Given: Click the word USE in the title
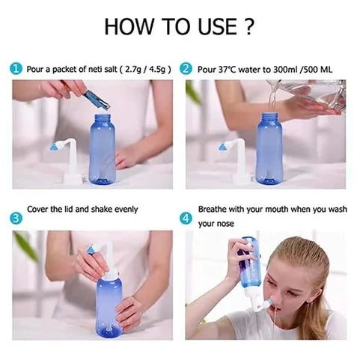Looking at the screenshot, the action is click(x=217, y=26).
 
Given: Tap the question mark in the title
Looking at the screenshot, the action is click(x=248, y=26).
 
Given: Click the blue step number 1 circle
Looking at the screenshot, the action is click(x=16, y=69).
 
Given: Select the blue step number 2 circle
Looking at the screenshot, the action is click(x=186, y=69).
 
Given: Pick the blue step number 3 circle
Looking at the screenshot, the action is click(x=16, y=219).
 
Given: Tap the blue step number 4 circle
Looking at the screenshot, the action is click(x=186, y=219).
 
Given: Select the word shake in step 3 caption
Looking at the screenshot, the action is click(x=102, y=209).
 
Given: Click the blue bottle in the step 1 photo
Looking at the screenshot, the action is click(x=103, y=149).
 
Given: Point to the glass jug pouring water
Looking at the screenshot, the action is click(x=309, y=95).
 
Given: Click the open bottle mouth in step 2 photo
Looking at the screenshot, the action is click(x=269, y=116).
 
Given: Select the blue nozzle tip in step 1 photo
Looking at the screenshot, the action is click(x=54, y=147).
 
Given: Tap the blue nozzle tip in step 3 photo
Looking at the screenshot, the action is click(x=91, y=249).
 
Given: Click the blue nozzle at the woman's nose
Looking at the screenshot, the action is click(x=268, y=303).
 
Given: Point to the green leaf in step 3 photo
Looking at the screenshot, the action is click(x=25, y=245).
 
